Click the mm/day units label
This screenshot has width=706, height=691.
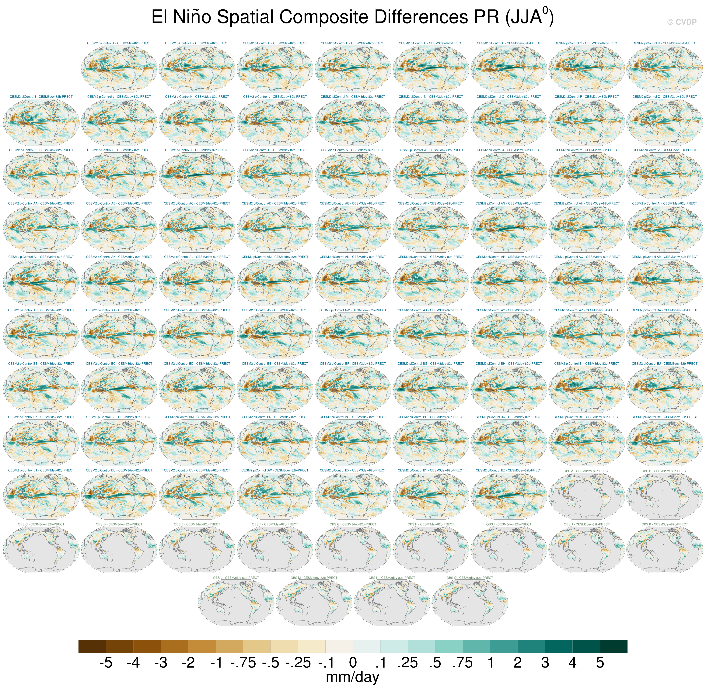point(353,677)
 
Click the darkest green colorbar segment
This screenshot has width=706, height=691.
point(613,646)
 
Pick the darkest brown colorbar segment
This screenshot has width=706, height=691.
point(92,646)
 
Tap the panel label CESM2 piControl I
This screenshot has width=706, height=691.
point(41,97)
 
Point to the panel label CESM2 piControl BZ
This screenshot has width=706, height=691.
point(509,470)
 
